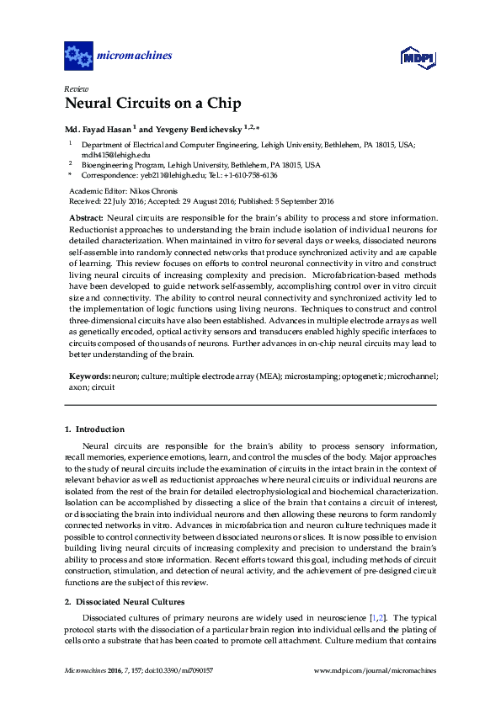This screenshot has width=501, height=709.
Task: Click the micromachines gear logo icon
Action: click(78, 56)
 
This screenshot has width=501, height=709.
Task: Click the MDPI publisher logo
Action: click(418, 57)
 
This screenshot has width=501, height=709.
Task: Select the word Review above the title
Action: click(75, 88)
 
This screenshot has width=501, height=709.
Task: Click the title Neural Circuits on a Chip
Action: click(152, 104)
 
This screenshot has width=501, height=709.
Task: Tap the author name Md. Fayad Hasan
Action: click(99, 130)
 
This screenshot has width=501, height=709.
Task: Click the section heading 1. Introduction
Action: click(94, 429)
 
